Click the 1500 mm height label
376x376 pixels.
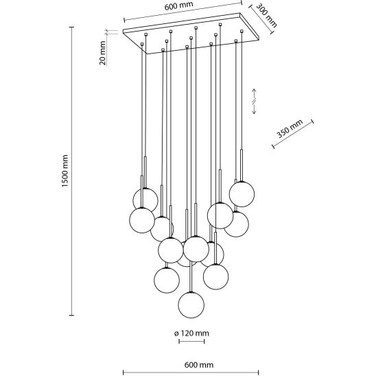click(64, 171)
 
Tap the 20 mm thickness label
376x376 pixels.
click(103, 53)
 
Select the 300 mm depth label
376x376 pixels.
click(266, 15)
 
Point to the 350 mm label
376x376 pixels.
click(290, 128)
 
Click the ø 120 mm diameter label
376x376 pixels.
click(191, 333)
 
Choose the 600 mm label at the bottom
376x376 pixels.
click(199, 365)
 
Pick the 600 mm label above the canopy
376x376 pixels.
click(178, 5)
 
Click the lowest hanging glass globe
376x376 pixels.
click(191, 305)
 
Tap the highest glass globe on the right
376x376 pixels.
click(242, 194)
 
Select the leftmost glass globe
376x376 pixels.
click(142, 220)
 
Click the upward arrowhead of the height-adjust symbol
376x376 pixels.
click(254, 91)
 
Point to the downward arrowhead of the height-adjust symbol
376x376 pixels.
click(254, 111)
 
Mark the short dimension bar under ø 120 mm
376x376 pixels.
click(191, 341)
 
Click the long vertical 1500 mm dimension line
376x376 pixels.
click(71, 171)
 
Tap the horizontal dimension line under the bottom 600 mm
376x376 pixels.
click(191, 373)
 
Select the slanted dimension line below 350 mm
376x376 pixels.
click(293, 134)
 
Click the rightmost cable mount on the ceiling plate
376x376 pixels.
click(242, 31)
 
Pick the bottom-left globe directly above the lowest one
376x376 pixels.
click(167, 280)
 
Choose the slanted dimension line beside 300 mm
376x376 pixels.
click(261, 19)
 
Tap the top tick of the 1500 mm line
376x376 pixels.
click(71, 27)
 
